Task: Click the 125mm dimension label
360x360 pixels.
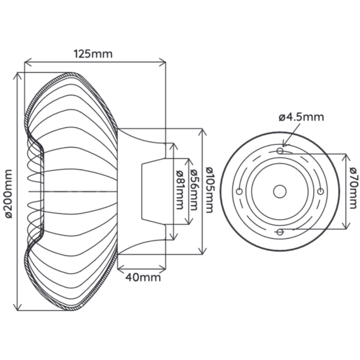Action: (93, 53)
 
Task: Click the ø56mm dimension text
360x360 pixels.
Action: (194, 191)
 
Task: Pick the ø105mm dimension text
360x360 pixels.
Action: (210, 191)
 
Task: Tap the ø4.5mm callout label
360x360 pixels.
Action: (301, 116)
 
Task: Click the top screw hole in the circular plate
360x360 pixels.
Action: (280, 150)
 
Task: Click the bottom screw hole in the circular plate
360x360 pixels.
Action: (280, 232)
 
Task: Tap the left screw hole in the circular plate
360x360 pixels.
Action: (239, 191)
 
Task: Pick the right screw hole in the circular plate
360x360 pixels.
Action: (321, 191)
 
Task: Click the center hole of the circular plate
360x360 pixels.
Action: (280, 191)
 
